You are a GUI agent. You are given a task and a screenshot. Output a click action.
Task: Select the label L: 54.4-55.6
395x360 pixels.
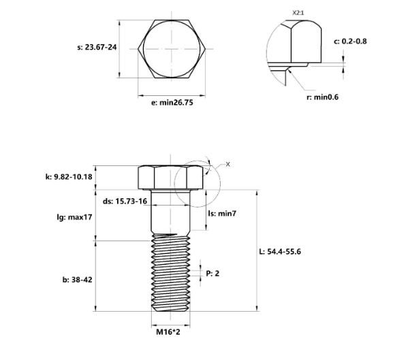[x=281, y=251]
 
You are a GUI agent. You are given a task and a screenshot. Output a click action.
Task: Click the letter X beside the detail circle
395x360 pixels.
[x=227, y=164]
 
